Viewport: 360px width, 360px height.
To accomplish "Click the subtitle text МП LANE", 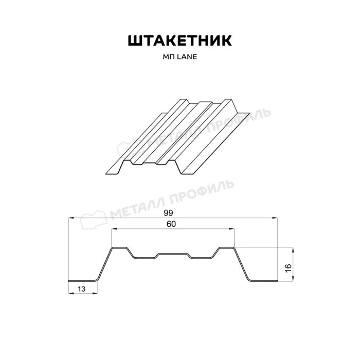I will point(179,58).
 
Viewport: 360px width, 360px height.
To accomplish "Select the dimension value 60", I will point(172,224).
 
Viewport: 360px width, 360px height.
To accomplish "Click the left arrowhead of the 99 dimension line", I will point(70,218).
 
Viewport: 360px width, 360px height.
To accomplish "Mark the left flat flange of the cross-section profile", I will point(82,281).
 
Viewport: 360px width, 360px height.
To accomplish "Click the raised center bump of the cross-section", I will point(173,254).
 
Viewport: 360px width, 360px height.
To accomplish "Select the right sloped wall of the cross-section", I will point(242,265).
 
